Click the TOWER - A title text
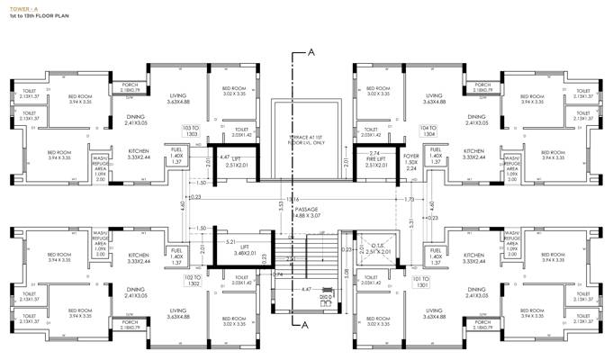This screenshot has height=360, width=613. pos(23,8)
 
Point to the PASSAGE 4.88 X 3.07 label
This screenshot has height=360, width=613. pos(308,212)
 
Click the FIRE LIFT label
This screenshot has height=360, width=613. pos(375,159)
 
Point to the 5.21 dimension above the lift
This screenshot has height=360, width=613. pos(230,242)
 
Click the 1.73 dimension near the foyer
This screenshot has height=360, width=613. pos(410,199)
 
